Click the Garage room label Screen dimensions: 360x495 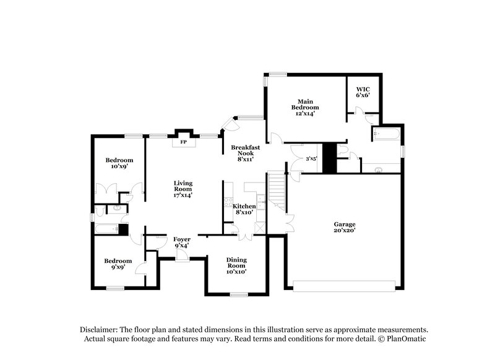tap(345, 224)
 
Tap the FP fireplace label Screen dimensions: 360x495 tap(183, 142)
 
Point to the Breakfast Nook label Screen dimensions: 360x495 tap(245, 151)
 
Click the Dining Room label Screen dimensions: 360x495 tap(236, 264)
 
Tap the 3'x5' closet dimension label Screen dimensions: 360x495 tap(312, 159)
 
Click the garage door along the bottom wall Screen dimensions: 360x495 tap(344, 285)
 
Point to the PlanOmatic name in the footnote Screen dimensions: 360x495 tap(405, 339)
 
